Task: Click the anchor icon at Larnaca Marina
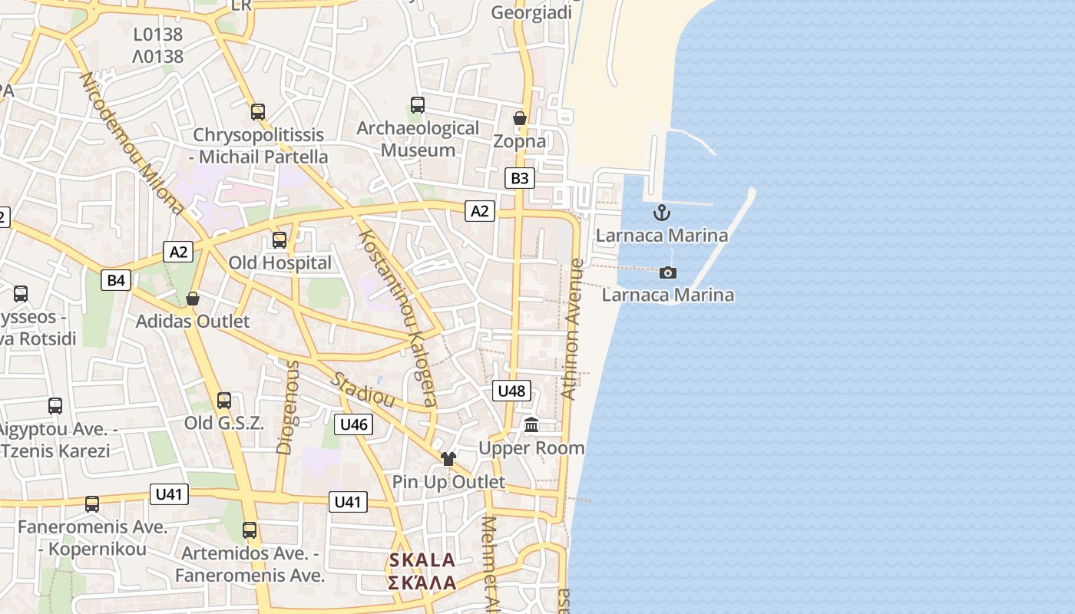(661, 213)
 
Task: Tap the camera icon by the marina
(668, 272)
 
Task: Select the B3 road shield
(520, 178)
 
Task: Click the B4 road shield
(116, 280)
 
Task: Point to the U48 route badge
(511, 391)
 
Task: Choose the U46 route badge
(354, 424)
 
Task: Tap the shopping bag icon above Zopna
(520, 118)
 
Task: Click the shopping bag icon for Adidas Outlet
(193, 299)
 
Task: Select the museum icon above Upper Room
(531, 424)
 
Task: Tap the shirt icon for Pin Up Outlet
(448, 459)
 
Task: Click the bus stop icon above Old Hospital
(279, 240)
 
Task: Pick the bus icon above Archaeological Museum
(418, 105)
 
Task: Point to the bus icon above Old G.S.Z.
(224, 401)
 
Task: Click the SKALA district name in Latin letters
(422, 560)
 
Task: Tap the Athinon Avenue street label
(572, 329)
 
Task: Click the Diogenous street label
(286, 407)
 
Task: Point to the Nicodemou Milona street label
(131, 144)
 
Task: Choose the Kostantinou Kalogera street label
(398, 319)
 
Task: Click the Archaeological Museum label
(418, 139)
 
